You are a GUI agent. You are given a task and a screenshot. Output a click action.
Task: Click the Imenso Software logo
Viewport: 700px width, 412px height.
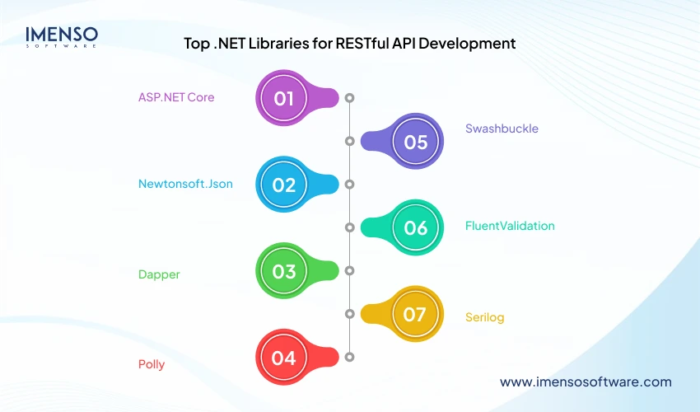[62, 36]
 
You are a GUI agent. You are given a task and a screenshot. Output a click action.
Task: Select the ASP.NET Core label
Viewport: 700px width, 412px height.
[176, 97]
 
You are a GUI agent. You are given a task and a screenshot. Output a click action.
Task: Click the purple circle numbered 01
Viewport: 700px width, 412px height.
[284, 98]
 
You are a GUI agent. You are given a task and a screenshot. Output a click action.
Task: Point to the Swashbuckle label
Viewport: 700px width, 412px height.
[502, 129]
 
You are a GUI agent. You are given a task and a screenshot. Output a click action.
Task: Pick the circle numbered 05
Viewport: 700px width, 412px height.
[416, 142]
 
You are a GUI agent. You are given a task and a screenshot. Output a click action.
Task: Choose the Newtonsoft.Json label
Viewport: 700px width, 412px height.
[185, 184]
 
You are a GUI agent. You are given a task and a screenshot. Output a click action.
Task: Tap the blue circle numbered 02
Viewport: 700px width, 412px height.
[284, 185]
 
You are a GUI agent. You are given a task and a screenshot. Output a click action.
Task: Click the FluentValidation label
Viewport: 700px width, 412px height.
[510, 226]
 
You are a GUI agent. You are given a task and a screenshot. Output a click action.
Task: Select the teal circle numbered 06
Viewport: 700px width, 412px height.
[416, 227]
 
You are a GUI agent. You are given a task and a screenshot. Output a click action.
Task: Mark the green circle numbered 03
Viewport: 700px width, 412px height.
[284, 271]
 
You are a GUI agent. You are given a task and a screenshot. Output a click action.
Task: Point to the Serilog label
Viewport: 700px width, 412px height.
[484, 317]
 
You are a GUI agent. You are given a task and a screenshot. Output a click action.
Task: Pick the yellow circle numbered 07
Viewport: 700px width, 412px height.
[416, 314]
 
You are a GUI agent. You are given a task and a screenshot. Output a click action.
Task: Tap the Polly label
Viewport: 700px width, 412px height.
[152, 364]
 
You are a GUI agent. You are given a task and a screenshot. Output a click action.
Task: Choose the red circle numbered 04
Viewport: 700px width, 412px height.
[284, 358]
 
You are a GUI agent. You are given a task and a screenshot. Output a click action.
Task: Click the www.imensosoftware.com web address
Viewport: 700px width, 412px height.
[586, 382]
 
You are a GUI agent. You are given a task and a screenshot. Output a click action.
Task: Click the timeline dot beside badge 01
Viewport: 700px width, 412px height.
[349, 98]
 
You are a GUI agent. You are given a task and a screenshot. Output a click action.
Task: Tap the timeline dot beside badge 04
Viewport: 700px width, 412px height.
[349, 357]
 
